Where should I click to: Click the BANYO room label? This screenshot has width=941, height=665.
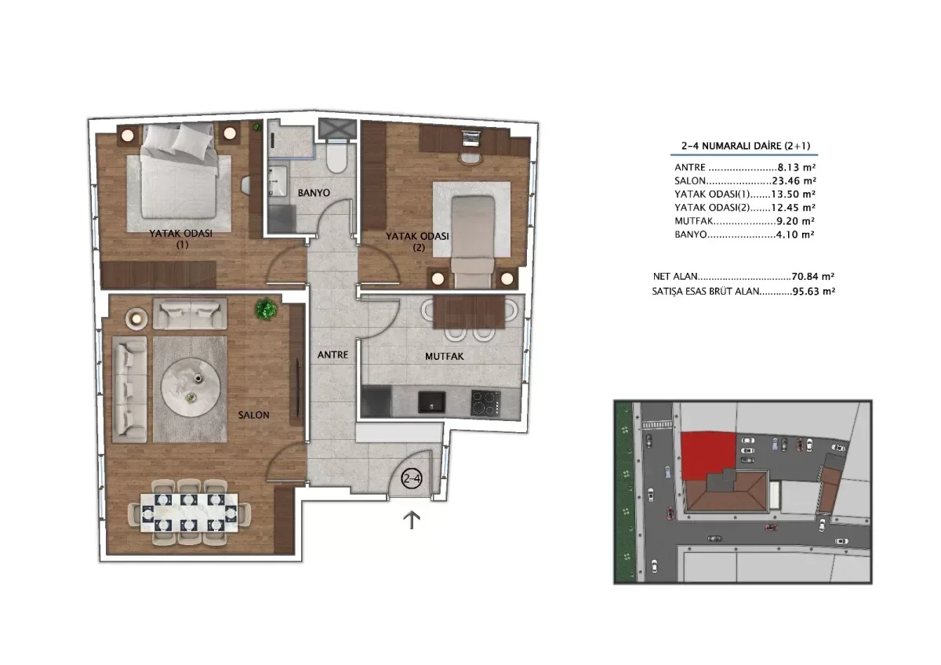point(314,193)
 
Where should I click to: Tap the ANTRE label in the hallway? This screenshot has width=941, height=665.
point(332,355)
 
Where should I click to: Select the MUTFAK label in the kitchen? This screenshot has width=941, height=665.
point(445,357)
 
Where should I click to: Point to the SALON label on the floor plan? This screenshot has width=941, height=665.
point(254,415)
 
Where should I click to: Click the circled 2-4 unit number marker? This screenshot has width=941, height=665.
point(411,478)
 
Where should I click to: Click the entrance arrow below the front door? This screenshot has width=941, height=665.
point(412,520)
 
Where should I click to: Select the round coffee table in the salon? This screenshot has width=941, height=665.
point(191,387)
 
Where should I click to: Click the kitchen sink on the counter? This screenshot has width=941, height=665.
point(431,402)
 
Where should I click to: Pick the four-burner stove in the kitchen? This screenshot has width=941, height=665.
point(485,403)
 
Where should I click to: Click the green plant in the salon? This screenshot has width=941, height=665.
point(266,309)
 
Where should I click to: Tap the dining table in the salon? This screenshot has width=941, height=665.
point(189,513)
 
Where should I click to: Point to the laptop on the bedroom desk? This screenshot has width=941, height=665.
point(470,138)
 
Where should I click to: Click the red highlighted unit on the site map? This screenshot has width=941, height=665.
point(708,455)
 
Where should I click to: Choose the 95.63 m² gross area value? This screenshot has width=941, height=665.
point(814,291)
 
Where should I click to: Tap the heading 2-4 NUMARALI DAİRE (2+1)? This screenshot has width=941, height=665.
point(746,146)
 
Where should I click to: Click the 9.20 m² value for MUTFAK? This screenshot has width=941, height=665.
point(796,221)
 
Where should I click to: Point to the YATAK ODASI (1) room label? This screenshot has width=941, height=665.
point(181,239)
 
